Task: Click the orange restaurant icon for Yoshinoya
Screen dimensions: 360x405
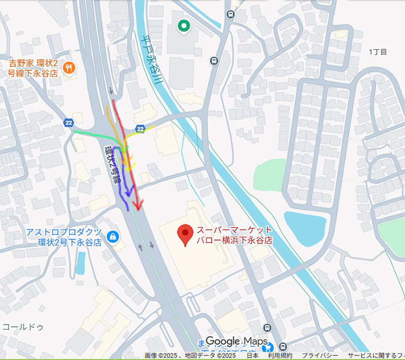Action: pyautogui.click(x=70, y=67)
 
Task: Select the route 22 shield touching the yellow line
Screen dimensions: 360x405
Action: pyautogui.click(x=140, y=129)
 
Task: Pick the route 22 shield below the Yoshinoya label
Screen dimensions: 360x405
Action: pyautogui.click(x=69, y=123)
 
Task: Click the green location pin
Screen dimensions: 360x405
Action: pyautogui.click(x=183, y=25)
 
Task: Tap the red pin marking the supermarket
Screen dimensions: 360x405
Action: pyautogui.click(x=186, y=234)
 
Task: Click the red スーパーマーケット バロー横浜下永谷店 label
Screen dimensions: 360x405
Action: pyautogui.click(x=234, y=235)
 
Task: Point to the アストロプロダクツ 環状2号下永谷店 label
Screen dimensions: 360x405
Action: pyautogui.click(x=64, y=237)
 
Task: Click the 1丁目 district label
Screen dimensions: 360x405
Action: pyautogui.click(x=378, y=52)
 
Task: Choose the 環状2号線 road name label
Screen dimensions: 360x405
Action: pyautogui.click(x=112, y=162)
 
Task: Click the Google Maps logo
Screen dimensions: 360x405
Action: pyautogui.click(x=236, y=342)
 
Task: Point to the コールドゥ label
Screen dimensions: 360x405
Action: pyautogui.click(x=23, y=327)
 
